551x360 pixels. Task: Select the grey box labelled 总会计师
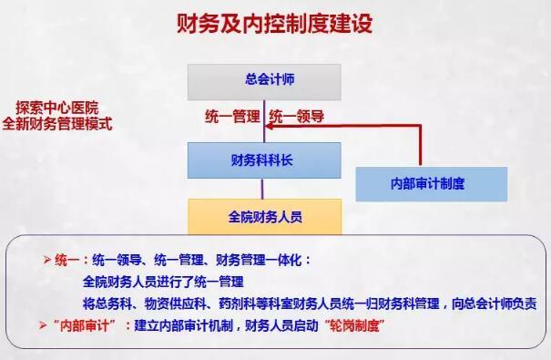point(264,81)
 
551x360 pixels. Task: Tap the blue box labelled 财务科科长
point(264,160)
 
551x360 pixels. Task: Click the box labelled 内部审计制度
point(431,183)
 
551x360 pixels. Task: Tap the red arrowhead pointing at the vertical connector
point(269,128)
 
